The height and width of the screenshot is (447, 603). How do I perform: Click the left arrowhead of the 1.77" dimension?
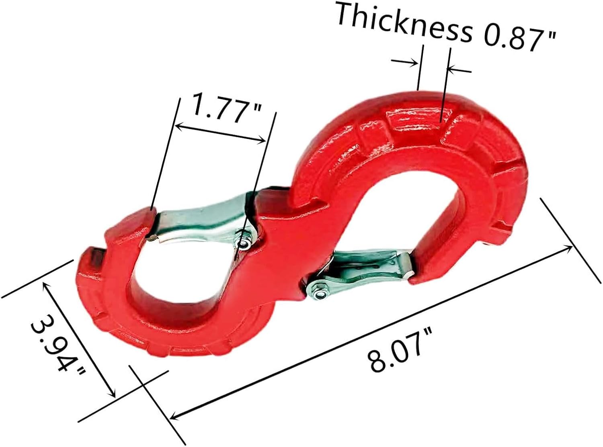point(179,127)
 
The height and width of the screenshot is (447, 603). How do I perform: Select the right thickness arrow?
point(451,69)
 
